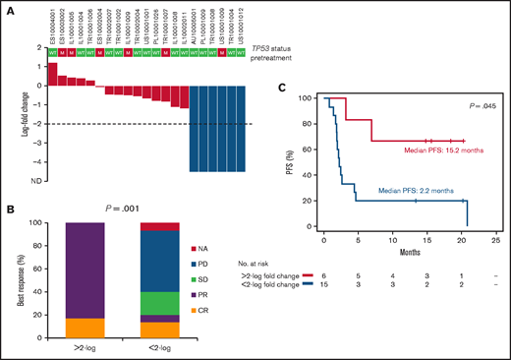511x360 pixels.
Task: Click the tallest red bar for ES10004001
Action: pos(53,74)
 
